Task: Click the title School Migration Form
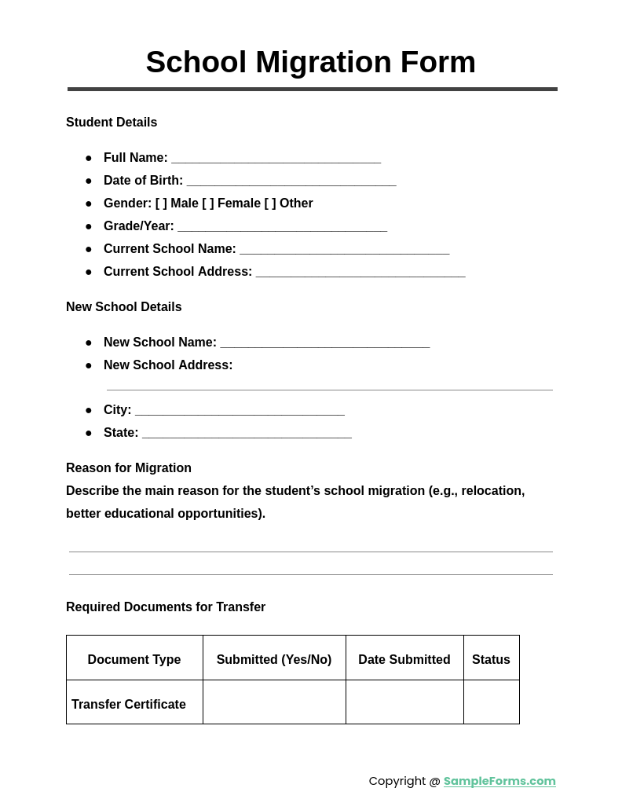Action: pos(310,62)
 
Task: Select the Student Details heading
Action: pos(112,123)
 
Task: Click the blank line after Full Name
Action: pos(276,159)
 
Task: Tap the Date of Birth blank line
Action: pos(291,181)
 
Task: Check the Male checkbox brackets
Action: pos(161,203)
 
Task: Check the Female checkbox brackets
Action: pos(208,203)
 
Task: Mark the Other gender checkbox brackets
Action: pos(270,203)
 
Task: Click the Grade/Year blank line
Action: pos(282,227)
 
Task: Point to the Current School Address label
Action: pos(177,272)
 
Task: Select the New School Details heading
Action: pos(124,307)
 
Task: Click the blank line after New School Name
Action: pos(324,343)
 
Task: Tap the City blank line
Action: pos(240,411)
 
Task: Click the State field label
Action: pos(121,433)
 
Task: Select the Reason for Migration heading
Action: pos(129,468)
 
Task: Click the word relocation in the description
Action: pos(492,491)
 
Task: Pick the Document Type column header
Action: pos(134,660)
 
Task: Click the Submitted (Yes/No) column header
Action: pos(274,660)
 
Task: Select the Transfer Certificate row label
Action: pos(129,705)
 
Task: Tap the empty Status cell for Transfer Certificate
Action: pos(491,702)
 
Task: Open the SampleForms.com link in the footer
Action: pos(499,781)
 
